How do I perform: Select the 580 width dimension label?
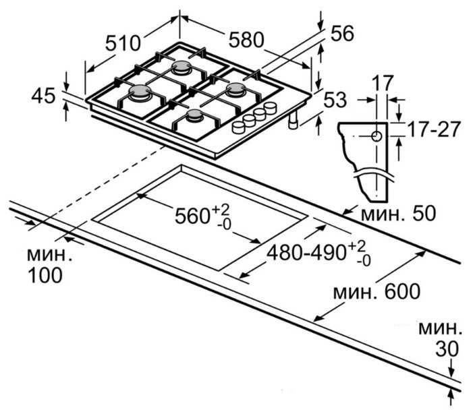(246, 40)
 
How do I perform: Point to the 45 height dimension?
(43, 96)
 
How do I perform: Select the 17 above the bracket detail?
(382, 84)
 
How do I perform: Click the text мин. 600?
(377, 291)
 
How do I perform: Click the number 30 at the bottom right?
(447, 349)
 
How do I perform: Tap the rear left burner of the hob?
(182, 67)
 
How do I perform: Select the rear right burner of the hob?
(235, 88)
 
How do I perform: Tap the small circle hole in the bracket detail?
(376, 137)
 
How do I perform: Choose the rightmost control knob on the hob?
(270, 108)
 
